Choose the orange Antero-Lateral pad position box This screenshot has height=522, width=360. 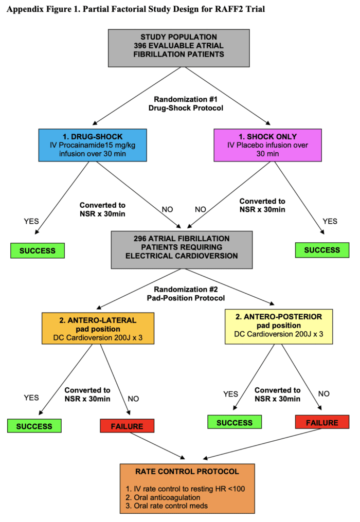click(97, 329)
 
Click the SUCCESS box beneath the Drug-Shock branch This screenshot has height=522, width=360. click(37, 250)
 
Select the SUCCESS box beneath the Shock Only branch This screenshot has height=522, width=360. click(322, 249)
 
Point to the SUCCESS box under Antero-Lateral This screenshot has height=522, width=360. click(34, 426)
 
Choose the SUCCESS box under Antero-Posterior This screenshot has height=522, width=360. click(235, 422)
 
